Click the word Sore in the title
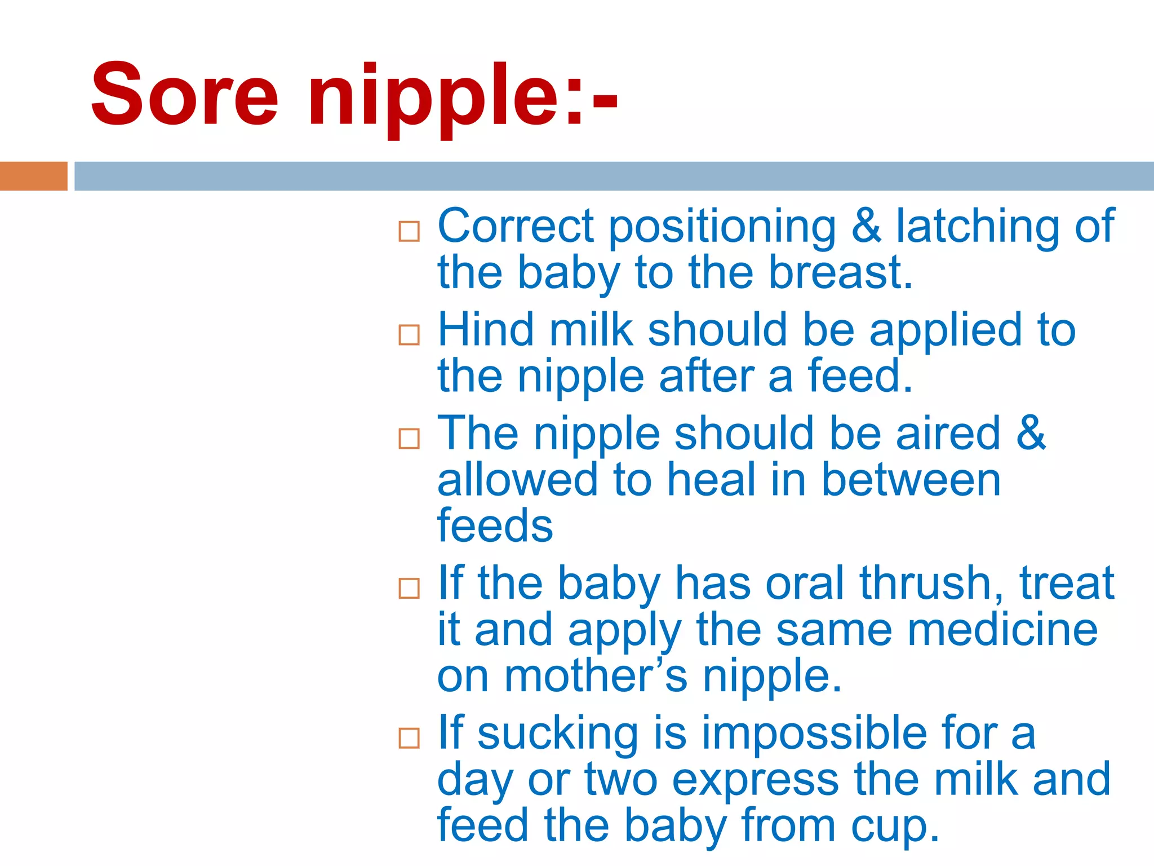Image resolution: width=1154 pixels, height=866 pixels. [x=184, y=94]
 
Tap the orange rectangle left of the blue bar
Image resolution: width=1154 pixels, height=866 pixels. [x=33, y=176]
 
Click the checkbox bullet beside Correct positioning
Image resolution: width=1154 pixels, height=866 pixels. [x=409, y=231]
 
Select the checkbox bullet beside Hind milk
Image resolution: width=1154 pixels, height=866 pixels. [x=409, y=334]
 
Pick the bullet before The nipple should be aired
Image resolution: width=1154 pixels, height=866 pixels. [x=409, y=439]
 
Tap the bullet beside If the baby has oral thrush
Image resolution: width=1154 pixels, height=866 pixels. [x=409, y=588]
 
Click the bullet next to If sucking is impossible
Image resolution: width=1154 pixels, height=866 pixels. [x=409, y=738]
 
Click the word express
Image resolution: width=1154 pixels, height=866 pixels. [x=756, y=780]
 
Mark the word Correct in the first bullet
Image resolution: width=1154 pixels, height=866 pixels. [x=516, y=227]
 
